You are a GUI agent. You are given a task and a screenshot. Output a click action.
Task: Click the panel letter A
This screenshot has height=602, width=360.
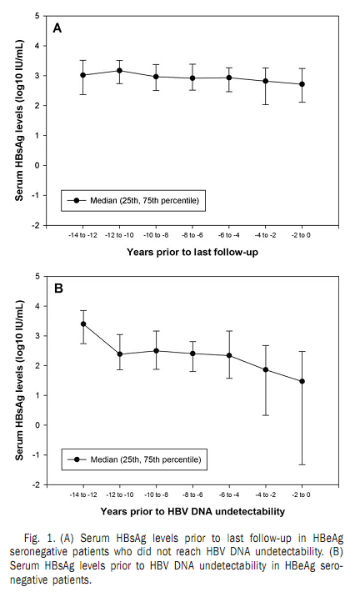[57, 28]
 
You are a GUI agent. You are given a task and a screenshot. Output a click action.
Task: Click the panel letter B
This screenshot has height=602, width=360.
[58, 288]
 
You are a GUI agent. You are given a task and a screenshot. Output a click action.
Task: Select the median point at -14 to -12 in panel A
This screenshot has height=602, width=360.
[82, 75]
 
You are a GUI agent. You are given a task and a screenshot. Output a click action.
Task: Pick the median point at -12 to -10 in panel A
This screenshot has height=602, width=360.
[119, 71]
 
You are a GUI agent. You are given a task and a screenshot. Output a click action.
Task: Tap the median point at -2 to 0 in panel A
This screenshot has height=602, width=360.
[302, 84]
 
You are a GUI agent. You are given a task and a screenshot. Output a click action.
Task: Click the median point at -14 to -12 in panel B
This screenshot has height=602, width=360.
[82, 324]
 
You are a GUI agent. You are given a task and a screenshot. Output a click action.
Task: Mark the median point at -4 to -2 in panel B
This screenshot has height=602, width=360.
[266, 369]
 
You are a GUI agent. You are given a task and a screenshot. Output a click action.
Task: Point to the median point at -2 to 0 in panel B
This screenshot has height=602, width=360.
[302, 381]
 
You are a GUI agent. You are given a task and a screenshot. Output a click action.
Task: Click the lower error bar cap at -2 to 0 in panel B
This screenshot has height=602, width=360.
[302, 464]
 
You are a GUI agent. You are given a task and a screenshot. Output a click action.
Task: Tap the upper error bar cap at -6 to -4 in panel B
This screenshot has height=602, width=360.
[229, 330]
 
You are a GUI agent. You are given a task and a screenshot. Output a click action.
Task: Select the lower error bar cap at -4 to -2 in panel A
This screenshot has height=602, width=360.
[266, 104]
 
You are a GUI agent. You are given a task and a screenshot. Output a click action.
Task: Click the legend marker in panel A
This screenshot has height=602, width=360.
[77, 200]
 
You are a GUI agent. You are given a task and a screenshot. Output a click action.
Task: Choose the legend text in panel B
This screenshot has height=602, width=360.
[146, 459]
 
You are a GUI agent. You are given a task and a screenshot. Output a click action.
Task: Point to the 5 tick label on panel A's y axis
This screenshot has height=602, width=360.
[37, 16]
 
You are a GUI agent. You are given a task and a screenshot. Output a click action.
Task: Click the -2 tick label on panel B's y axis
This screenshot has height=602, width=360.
[36, 485]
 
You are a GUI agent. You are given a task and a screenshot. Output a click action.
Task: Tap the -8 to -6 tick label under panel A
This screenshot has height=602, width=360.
[192, 235]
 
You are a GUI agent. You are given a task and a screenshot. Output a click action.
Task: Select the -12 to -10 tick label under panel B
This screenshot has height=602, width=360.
[119, 495]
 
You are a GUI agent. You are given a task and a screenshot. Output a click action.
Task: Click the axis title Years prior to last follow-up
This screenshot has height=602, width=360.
[192, 253]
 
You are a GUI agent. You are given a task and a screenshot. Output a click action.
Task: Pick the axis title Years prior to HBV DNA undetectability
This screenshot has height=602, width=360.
[192, 511]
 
